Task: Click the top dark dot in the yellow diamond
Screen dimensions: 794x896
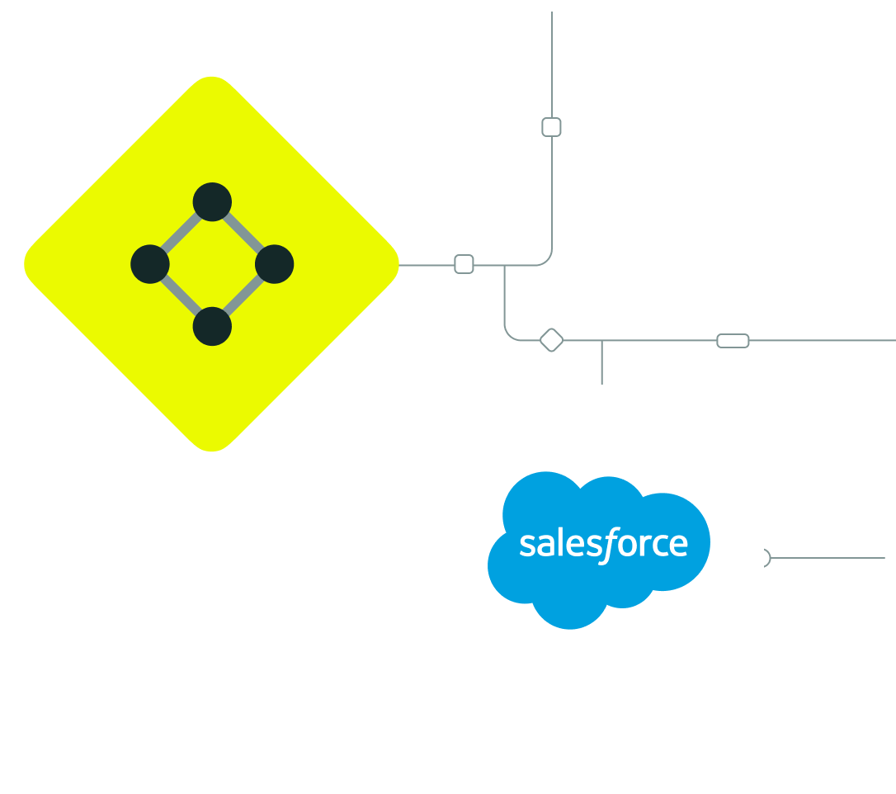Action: point(212,202)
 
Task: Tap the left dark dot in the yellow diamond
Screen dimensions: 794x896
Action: point(150,264)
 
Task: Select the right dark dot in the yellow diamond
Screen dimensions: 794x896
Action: point(274,264)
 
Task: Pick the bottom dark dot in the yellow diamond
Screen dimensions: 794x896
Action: point(212,326)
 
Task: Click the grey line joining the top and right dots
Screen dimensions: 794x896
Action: point(243,233)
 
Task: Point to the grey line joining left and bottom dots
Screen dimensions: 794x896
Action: point(181,295)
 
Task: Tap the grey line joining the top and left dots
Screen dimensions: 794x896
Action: point(181,233)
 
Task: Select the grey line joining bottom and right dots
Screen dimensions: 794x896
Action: point(243,295)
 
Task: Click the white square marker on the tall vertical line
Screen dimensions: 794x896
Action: point(551,127)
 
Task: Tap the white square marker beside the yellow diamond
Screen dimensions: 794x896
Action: point(464,264)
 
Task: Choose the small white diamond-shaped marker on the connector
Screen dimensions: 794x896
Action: point(551,340)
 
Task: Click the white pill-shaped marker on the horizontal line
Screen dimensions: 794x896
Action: point(733,341)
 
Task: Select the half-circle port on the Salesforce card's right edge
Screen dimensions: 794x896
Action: point(766,558)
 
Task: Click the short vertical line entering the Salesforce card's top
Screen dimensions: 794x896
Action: point(601,363)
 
